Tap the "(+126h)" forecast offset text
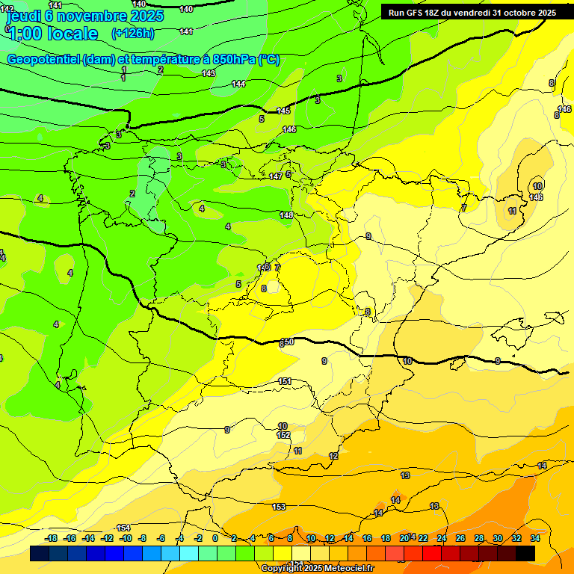[x=132, y=33]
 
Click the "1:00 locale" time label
[x=52, y=34]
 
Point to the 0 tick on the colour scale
[x=215, y=538]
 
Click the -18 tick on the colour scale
[x=52, y=538]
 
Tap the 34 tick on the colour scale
[x=535, y=538]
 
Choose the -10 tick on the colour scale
[x=126, y=538]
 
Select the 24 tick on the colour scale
[x=442, y=538]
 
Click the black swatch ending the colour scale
[x=525, y=553]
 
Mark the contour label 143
[x=209, y=73]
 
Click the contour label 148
[x=286, y=215]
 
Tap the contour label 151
[x=285, y=381]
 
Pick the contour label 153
[x=279, y=507]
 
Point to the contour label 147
[x=276, y=176]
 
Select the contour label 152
[x=283, y=435]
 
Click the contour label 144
[x=238, y=84]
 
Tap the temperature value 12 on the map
[x=333, y=456]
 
